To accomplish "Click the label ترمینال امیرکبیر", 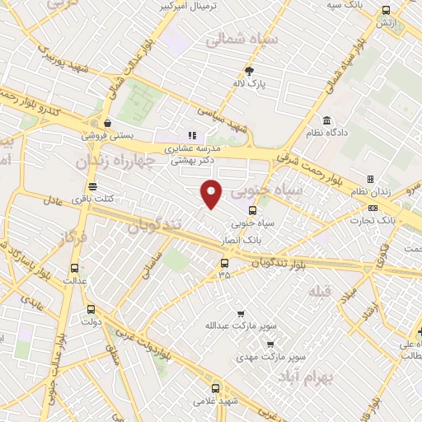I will [x=193, y=7].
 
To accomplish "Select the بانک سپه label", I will [x=344, y=5].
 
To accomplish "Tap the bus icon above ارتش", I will [x=386, y=11].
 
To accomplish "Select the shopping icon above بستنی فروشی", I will [x=108, y=124].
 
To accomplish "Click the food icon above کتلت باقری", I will [x=91, y=186].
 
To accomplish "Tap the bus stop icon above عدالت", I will [x=75, y=268].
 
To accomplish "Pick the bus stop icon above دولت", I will [x=91, y=310].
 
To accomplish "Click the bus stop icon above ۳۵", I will [x=224, y=264].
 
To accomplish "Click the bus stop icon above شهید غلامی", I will [x=215, y=388].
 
